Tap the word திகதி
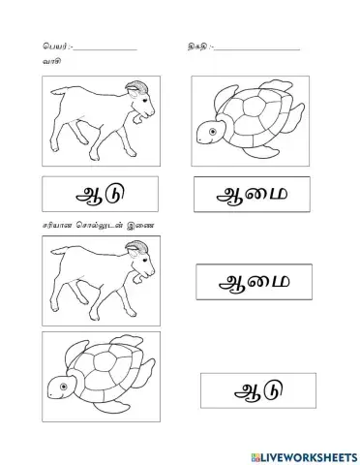[x=195, y=46]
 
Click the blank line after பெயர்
[x=105, y=48]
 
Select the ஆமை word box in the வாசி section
[x=255, y=195]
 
